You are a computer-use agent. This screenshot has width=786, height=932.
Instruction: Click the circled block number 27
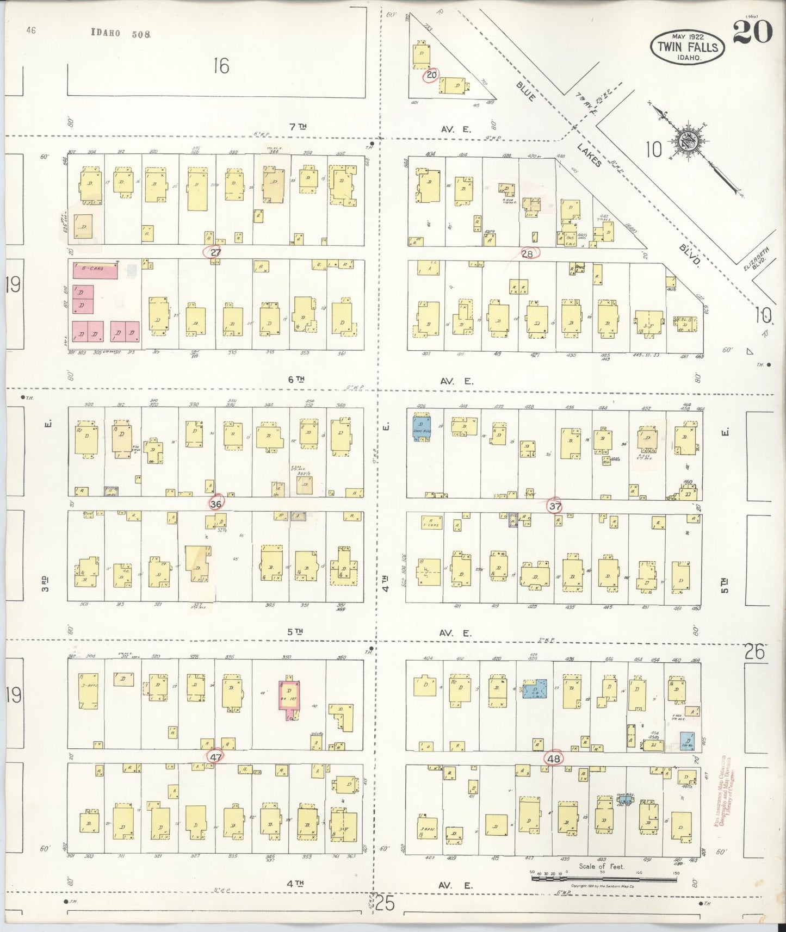click(x=215, y=252)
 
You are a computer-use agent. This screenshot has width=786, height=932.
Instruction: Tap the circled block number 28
click(x=528, y=253)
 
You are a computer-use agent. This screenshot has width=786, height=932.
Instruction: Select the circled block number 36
click(x=216, y=504)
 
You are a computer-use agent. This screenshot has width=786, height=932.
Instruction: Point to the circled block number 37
click(x=554, y=506)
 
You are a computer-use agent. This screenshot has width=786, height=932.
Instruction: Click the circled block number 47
click(x=215, y=757)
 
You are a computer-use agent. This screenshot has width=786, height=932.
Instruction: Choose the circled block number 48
click(x=554, y=759)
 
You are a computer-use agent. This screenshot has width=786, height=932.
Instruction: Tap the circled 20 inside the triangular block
click(x=431, y=75)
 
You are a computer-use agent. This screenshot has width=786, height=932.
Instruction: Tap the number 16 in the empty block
click(x=221, y=66)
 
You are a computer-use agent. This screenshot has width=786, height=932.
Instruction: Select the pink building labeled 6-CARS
click(x=96, y=271)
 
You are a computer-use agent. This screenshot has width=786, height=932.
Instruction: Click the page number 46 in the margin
click(x=30, y=31)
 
